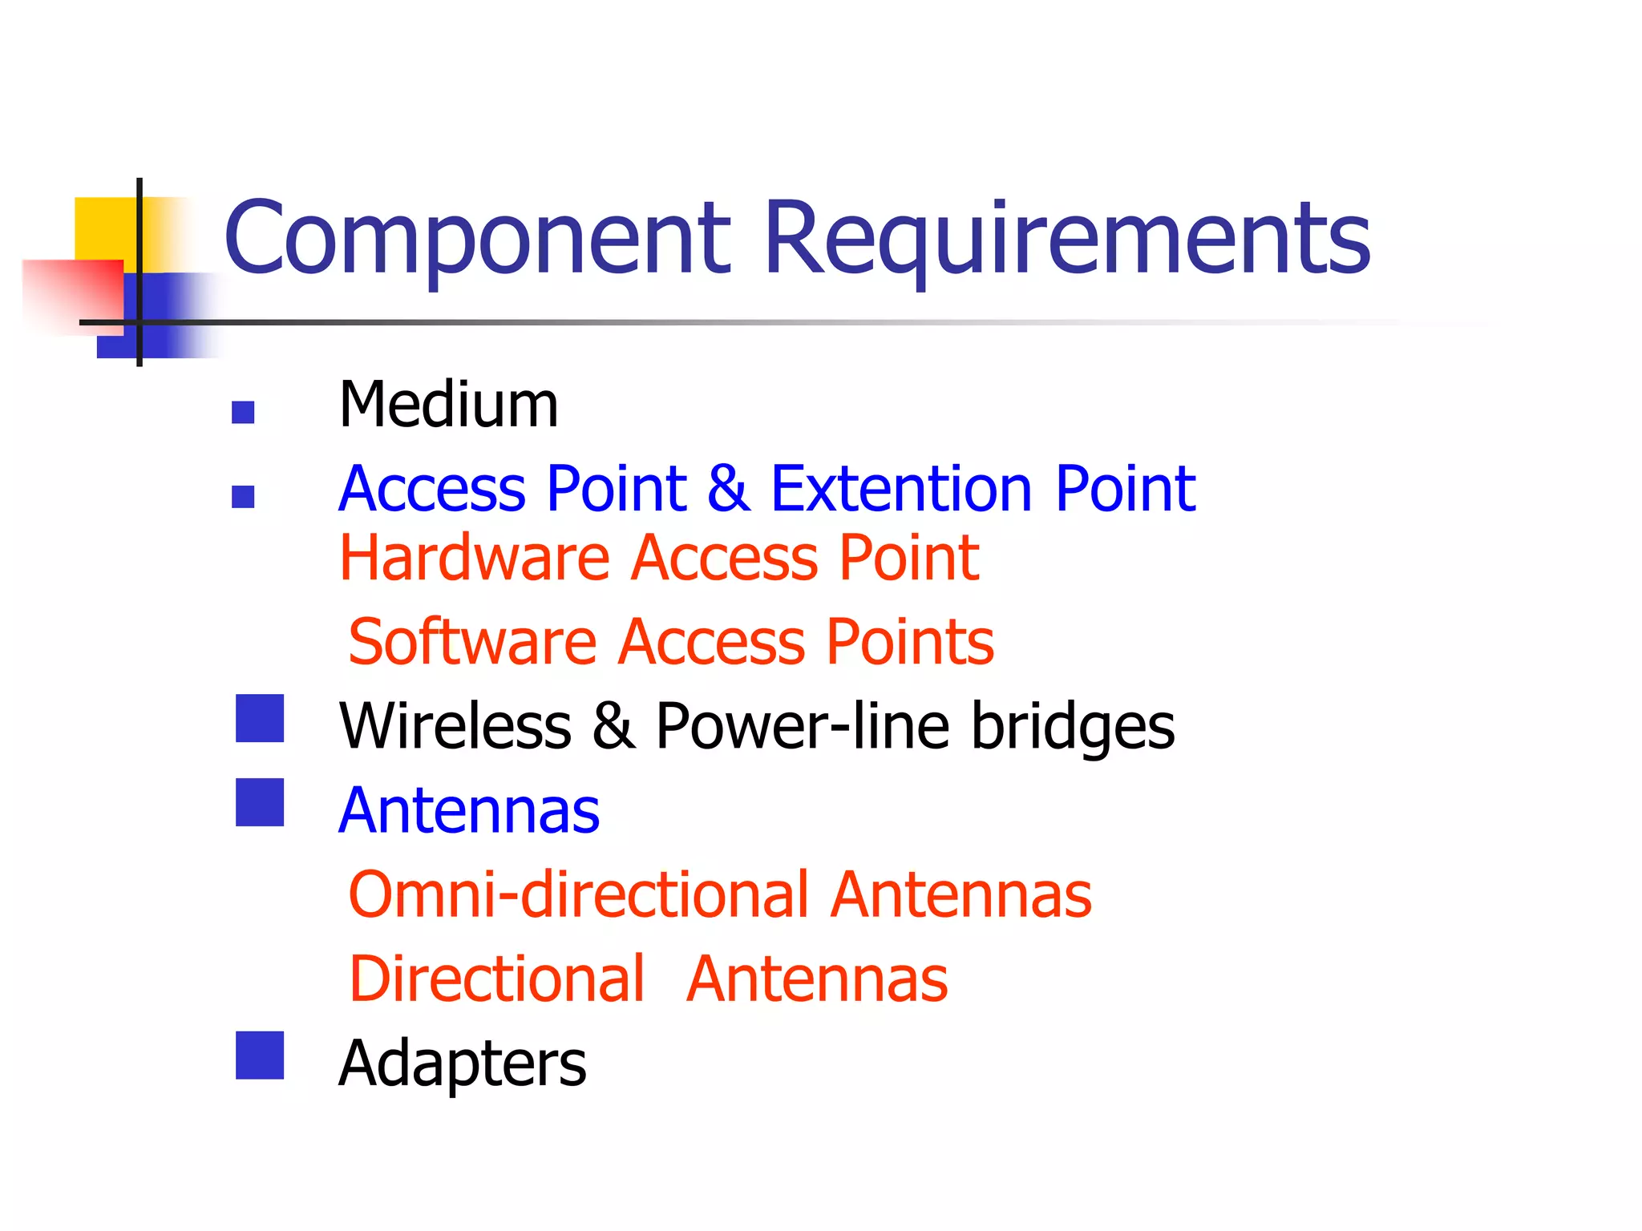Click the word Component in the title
(477, 239)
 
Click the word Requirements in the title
(1066, 239)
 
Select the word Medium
(448, 405)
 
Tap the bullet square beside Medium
(243, 412)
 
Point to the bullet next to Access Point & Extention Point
(243, 497)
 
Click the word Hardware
(475, 558)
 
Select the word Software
(473, 642)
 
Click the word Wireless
(455, 726)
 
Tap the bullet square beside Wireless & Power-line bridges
(260, 718)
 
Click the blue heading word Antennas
(469, 811)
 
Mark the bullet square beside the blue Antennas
(260, 802)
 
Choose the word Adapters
(463, 1064)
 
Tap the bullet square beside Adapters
(260, 1055)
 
